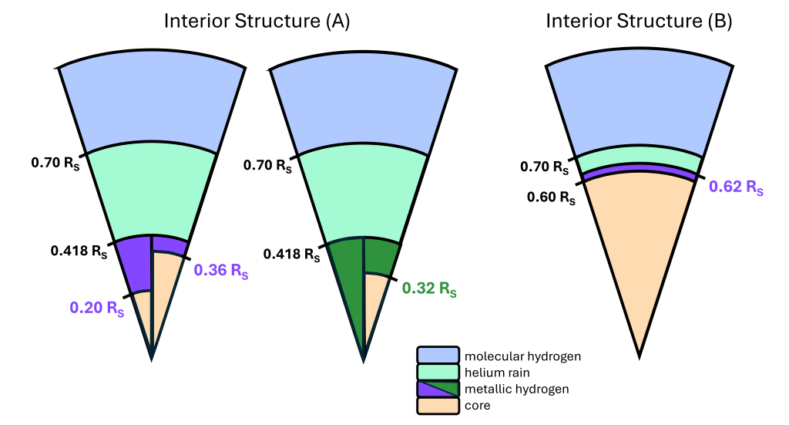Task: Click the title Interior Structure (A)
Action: tap(257, 21)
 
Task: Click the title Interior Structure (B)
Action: tap(639, 21)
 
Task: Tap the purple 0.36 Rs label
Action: tap(221, 271)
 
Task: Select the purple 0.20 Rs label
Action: tap(96, 308)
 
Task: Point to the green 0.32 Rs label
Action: tap(429, 288)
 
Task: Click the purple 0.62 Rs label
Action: tap(736, 187)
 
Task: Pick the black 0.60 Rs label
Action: tap(551, 197)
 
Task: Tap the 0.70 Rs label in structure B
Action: tap(545, 167)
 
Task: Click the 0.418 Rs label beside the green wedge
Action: tap(291, 254)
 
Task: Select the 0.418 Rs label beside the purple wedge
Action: tap(79, 251)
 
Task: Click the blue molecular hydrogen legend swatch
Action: tap(438, 355)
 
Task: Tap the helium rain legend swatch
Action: tap(438, 372)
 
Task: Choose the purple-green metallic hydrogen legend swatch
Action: tap(438, 389)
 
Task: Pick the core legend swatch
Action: tap(438, 406)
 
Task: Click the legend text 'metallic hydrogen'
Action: tap(517, 390)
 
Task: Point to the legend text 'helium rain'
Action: tap(497, 373)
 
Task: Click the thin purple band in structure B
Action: tap(639, 168)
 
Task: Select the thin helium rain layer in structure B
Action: tap(639, 156)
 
